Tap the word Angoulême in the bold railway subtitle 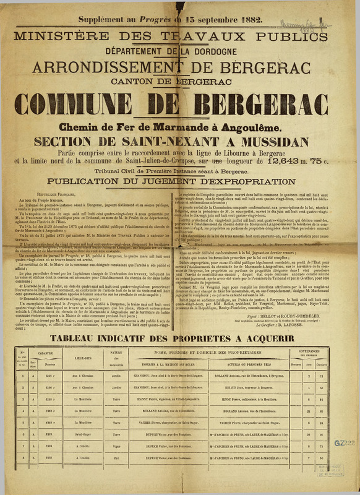(x=239, y=127)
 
